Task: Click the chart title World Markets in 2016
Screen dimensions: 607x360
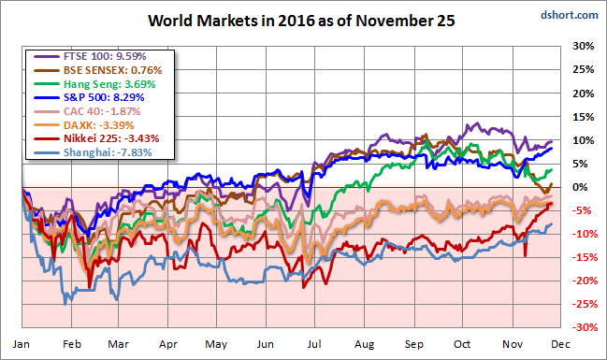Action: click(301, 21)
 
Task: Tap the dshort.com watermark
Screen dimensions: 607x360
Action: click(569, 15)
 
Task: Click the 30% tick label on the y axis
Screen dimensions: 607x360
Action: click(583, 46)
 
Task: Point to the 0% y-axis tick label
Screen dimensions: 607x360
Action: click(580, 187)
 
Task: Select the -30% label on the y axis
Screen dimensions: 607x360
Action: click(585, 327)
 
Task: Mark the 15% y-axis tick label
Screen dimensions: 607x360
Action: click(583, 117)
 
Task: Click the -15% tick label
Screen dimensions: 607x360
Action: click(585, 257)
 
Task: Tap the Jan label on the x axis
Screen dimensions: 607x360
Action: click(22, 344)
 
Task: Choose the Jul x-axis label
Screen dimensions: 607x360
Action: click(314, 344)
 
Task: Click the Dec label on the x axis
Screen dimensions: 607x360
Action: click(560, 344)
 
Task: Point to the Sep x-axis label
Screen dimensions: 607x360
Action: click(414, 344)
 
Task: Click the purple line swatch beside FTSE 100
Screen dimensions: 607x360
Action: click(47, 56)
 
